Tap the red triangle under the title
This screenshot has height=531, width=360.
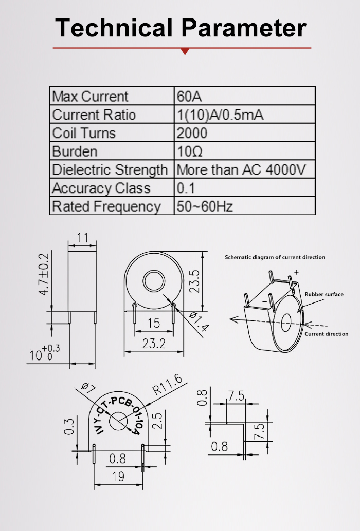185,51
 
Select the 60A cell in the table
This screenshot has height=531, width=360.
186,96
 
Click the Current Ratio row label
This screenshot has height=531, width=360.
94,115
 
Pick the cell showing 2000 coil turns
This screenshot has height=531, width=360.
192,133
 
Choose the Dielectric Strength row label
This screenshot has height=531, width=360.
110,169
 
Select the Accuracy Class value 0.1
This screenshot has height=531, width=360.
186,188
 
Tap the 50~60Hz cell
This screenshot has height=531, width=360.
205,206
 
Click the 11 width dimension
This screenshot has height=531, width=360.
83,238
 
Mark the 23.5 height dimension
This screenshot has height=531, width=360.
194,281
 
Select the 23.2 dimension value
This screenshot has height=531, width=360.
154,344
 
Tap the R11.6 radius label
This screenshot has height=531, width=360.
167,384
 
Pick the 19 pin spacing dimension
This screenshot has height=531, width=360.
118,476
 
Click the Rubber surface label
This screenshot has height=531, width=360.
324,294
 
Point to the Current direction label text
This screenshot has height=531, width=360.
326,334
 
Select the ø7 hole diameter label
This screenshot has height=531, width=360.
88,388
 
